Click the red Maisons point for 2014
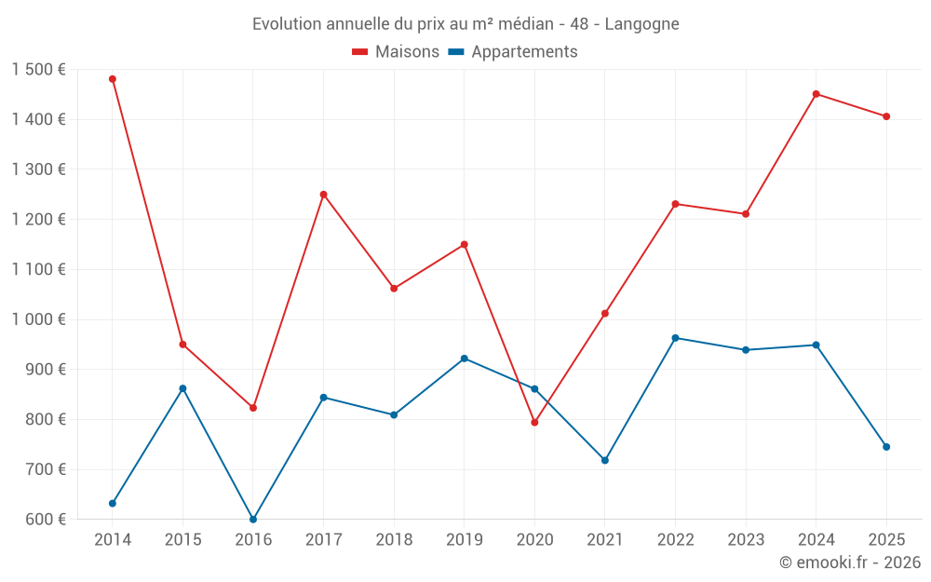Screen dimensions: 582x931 click(x=113, y=79)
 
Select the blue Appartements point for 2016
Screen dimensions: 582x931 click(x=253, y=519)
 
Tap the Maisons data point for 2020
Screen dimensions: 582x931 click(x=534, y=423)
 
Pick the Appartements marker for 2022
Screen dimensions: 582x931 click(x=675, y=338)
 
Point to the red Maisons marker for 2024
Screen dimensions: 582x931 click(x=816, y=94)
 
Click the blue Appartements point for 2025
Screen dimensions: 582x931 click(x=886, y=447)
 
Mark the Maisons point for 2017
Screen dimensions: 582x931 click(x=323, y=195)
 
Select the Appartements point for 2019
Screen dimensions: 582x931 click(x=465, y=359)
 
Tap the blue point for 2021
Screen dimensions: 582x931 click(x=605, y=460)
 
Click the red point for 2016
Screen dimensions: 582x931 click(x=253, y=408)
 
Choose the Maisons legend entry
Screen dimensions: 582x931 click(x=396, y=52)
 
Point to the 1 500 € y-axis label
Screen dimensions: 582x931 click(x=39, y=70)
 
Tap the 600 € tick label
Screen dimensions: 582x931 click(x=44, y=520)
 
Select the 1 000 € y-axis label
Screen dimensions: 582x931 click(x=39, y=319)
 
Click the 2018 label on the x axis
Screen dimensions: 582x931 click(x=394, y=540)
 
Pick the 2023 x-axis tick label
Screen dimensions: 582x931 click(x=746, y=540)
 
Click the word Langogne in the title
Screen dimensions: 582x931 click(x=641, y=23)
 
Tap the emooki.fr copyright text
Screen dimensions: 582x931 click(x=850, y=562)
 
